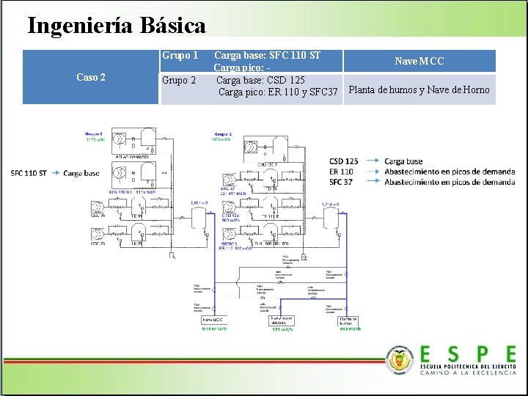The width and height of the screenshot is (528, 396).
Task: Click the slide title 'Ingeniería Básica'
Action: [117, 26]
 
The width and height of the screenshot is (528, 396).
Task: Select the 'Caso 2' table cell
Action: [91, 77]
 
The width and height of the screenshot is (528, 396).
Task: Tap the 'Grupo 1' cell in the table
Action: [180, 56]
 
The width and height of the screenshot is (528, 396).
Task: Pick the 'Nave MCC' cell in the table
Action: [419, 61]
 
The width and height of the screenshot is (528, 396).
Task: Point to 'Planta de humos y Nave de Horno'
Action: [419, 90]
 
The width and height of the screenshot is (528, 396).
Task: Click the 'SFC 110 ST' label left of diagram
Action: [29, 173]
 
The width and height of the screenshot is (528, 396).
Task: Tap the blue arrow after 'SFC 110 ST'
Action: [54, 173]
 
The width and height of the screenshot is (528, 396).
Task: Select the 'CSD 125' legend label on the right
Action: [344, 161]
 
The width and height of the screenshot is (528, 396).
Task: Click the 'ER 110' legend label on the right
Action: [342, 171]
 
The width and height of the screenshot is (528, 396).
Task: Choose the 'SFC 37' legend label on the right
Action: [342, 181]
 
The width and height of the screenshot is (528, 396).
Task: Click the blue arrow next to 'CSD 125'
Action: [372, 161]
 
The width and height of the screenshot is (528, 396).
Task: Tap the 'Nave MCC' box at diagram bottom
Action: [212, 320]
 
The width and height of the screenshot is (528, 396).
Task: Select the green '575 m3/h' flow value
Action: [282, 330]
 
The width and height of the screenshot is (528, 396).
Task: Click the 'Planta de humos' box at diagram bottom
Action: [348, 320]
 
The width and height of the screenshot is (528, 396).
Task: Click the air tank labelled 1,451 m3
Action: [198, 217]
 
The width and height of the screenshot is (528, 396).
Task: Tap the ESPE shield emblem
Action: [400, 359]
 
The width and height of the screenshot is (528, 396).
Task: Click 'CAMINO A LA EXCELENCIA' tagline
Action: [468, 373]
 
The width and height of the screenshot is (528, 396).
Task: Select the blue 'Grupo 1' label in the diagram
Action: [93, 134]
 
